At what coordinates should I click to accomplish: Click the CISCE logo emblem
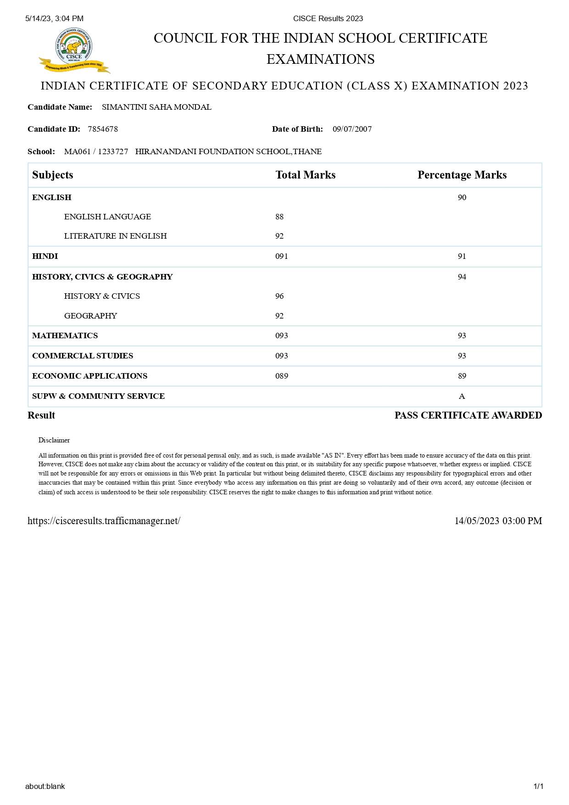[74, 50]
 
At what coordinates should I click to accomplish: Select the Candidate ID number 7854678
[103, 129]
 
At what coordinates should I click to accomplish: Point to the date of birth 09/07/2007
[352, 129]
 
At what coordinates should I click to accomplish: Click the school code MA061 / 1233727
[96, 152]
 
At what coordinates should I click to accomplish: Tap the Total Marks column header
[305, 175]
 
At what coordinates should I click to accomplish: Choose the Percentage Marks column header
[462, 175]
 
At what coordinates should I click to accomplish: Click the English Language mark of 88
[279, 217]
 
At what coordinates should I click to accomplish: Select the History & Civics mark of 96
[279, 296]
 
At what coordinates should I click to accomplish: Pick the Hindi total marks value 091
[282, 256]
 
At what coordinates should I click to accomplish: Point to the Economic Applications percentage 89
[462, 376]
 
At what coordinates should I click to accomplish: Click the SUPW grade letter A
[462, 397]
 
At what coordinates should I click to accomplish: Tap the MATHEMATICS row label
[65, 336]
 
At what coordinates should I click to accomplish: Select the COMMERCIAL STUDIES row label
[83, 356]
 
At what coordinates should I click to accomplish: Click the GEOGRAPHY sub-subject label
[90, 316]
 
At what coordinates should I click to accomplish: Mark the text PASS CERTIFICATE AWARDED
[468, 415]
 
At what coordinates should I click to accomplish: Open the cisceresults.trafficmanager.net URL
[104, 521]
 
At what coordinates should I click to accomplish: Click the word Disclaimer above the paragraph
[54, 440]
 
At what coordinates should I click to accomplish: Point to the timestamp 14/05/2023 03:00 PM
[498, 521]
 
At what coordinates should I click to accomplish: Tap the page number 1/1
[538, 787]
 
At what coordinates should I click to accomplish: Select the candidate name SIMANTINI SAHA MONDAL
[156, 107]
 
